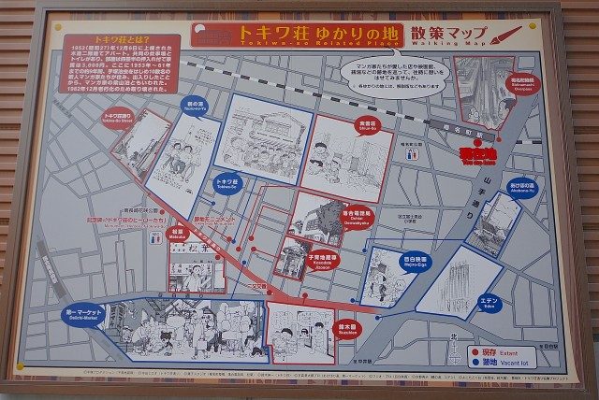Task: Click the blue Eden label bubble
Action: pyautogui.click(x=489, y=304)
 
